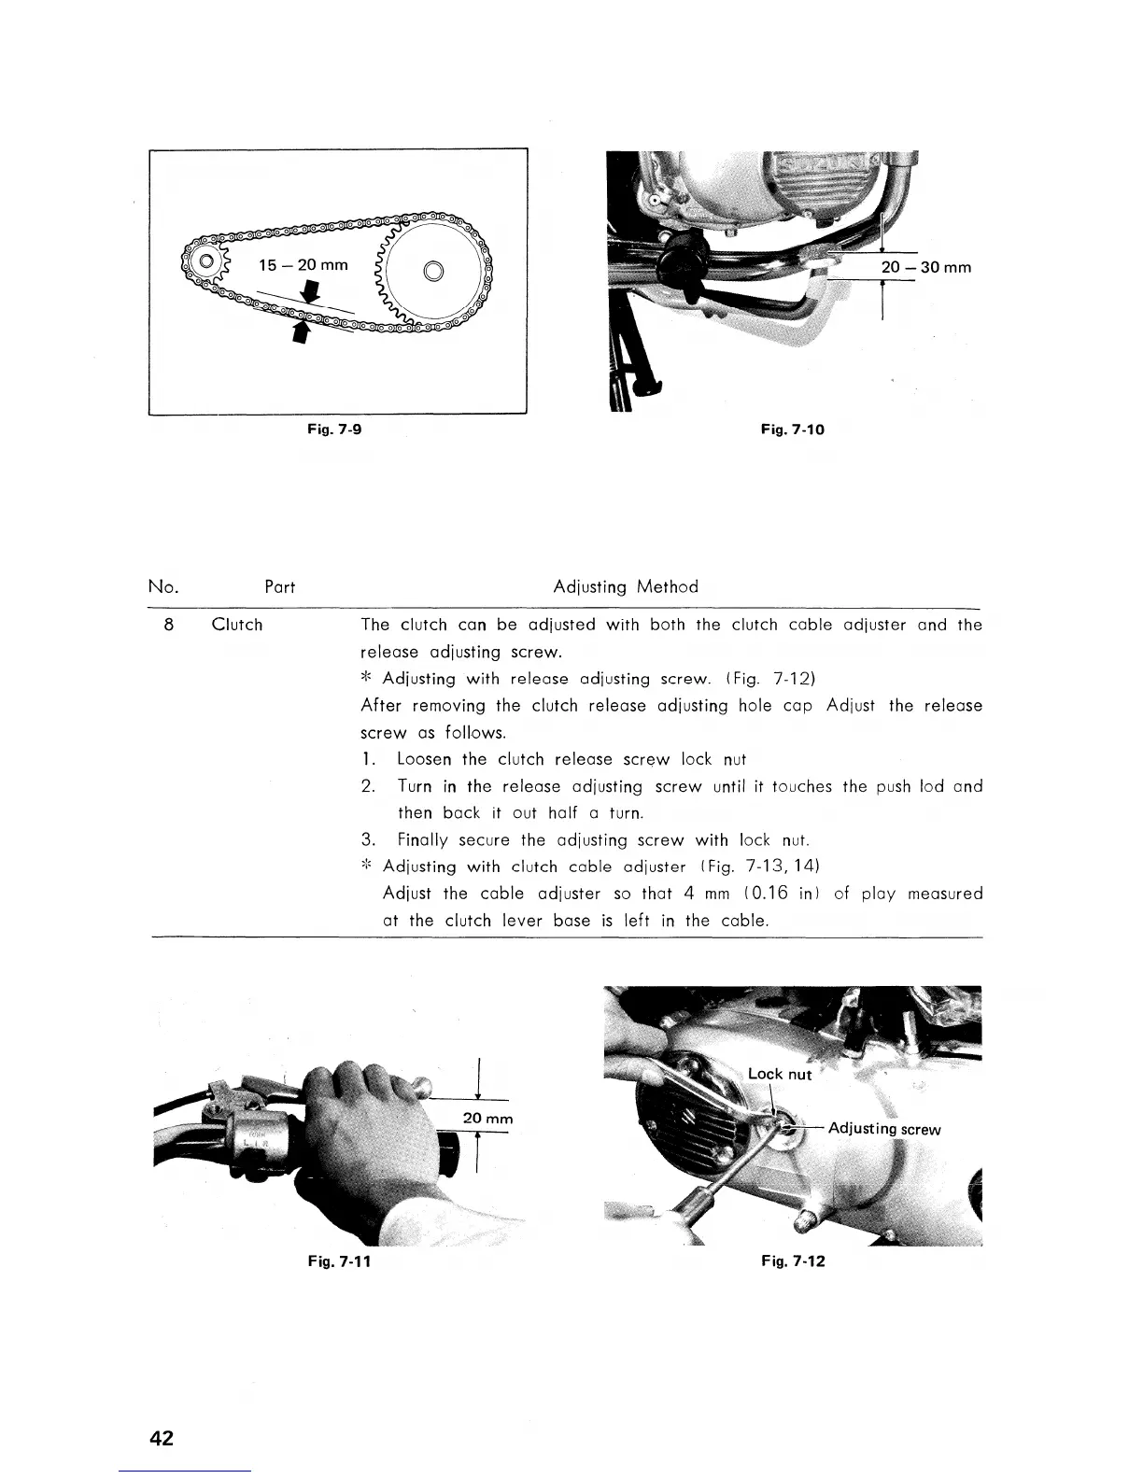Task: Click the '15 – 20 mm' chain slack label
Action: click(x=303, y=265)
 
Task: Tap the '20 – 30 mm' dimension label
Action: click(x=925, y=268)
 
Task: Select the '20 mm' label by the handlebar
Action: click(x=488, y=1119)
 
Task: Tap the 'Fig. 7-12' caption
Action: click(x=793, y=1261)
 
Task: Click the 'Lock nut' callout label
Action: click(x=780, y=1074)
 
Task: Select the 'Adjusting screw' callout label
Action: click(x=884, y=1129)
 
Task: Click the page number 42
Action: click(x=162, y=1438)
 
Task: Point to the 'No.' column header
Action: click(x=163, y=587)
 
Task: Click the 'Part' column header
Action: click(x=279, y=587)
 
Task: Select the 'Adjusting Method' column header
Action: click(x=625, y=587)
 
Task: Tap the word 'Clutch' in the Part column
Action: click(x=237, y=625)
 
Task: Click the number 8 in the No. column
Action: click(x=168, y=625)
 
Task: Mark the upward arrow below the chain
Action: click(x=301, y=332)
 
